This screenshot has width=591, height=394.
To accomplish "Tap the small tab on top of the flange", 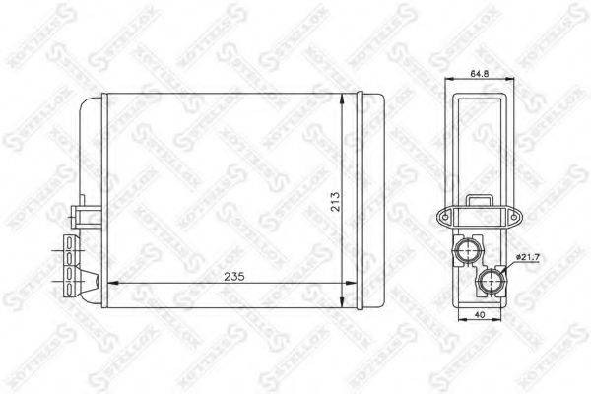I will tap(480, 202).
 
